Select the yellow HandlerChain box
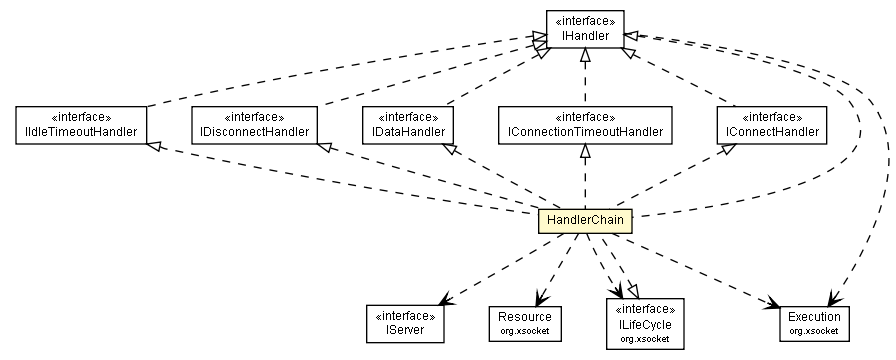[x=585, y=219]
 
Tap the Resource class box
[x=525, y=320]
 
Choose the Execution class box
[x=813, y=320]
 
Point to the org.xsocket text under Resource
[x=525, y=329]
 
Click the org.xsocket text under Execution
[x=813, y=329]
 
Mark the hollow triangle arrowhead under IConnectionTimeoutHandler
[x=584, y=150]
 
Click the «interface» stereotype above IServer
[x=406, y=311]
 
